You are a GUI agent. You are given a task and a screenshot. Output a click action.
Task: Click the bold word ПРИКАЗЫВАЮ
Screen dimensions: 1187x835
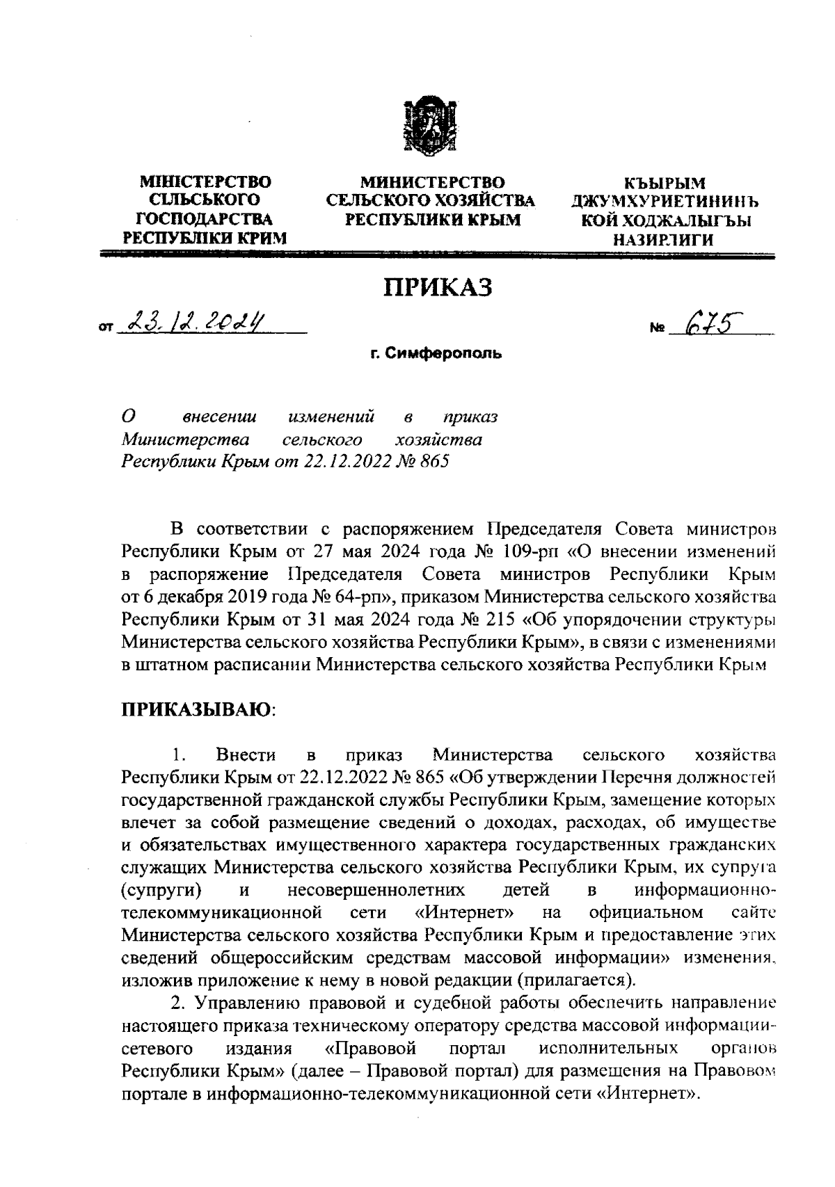click(197, 710)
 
